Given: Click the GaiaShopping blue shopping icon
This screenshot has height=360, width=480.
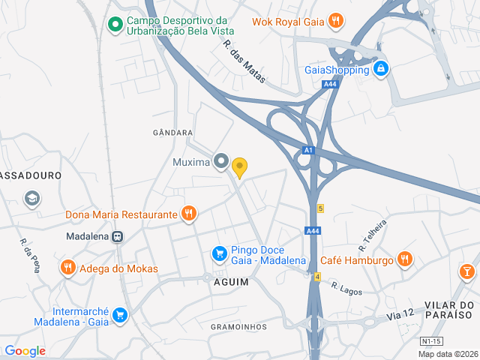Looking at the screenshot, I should (x=381, y=69).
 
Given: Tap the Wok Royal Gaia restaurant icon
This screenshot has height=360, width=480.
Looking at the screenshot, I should (x=337, y=21).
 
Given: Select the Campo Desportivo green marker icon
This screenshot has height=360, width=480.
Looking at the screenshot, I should (x=115, y=25).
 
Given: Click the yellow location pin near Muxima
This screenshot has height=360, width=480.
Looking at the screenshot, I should (x=239, y=166).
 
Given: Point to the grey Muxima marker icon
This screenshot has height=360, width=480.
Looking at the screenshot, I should (x=220, y=161).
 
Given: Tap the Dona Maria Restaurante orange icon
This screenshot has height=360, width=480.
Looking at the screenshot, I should (x=189, y=214).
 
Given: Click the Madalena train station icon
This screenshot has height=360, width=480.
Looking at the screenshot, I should (x=118, y=235).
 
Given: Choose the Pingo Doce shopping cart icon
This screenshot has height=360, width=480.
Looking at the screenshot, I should (x=219, y=254).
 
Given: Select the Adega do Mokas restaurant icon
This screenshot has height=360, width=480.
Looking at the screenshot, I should (x=68, y=268).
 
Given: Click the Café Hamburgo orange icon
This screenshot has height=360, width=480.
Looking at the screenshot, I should (x=405, y=260).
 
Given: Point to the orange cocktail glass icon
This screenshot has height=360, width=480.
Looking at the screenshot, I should (x=468, y=270).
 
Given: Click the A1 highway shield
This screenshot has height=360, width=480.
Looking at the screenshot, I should (x=307, y=151).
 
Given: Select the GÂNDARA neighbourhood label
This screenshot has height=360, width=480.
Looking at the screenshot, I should (x=172, y=133).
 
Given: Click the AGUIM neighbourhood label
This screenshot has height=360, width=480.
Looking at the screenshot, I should (x=231, y=281).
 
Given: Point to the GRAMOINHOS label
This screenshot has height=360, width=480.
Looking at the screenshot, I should (x=238, y=327).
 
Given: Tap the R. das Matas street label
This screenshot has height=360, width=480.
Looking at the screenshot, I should (x=244, y=61).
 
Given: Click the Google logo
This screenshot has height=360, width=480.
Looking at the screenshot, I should (x=25, y=351).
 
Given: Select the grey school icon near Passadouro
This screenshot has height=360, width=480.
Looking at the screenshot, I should (x=32, y=199).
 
